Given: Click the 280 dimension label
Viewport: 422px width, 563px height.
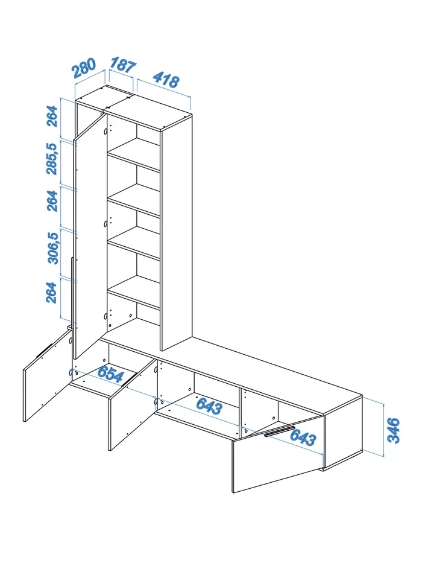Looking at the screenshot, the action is point(84,68).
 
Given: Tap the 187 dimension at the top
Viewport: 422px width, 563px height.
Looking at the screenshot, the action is point(123,65).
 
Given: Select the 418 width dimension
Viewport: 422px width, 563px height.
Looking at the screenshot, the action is point(166,80).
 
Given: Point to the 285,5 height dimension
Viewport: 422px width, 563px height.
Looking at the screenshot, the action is point(52,159).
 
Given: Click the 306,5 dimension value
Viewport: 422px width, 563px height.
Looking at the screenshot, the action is point(53,248).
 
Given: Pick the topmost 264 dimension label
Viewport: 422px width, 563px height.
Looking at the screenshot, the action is point(52,116).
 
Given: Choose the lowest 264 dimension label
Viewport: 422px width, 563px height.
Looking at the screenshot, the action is point(52,293).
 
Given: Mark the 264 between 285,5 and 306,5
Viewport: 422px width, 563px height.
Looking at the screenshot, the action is point(52,201).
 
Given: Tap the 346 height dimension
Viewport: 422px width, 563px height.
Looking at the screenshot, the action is point(393,430).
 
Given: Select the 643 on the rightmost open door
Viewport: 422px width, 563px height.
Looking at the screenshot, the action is point(303,437).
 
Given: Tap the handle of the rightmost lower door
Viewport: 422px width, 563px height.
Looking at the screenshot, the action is point(280,431).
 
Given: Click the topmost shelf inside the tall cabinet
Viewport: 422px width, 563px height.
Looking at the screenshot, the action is point(134,154).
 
